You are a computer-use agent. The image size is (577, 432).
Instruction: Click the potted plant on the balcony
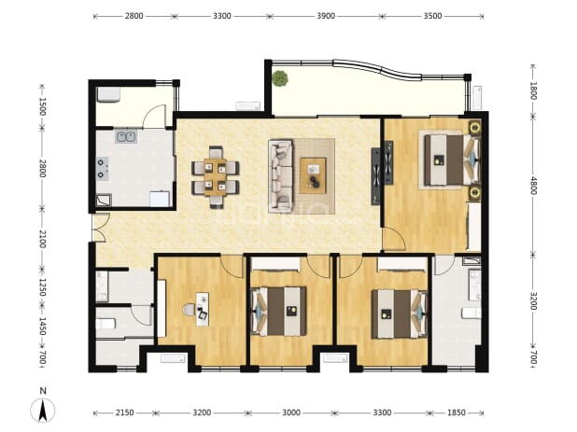[x=280, y=78]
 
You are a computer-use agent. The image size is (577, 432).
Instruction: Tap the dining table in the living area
[x=216, y=177]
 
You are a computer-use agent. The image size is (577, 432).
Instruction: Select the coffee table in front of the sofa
[x=313, y=175]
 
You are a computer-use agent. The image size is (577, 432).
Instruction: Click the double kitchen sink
[x=126, y=137]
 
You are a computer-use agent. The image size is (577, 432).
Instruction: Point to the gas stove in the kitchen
[x=103, y=168]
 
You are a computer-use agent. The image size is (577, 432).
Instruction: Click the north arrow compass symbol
[x=43, y=407]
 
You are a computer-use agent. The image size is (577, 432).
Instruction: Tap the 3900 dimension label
[x=326, y=16]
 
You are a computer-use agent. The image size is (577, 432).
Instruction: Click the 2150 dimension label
[x=125, y=412]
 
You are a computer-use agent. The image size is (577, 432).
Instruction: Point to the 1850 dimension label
[x=457, y=412]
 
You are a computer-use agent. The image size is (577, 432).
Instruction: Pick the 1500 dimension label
[x=43, y=106]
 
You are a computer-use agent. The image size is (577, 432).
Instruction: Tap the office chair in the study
[x=190, y=310]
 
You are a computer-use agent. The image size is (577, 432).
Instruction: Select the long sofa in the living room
[x=281, y=175]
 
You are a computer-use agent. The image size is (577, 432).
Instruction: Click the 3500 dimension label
[x=432, y=16]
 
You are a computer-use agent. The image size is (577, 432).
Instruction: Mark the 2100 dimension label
[x=43, y=239]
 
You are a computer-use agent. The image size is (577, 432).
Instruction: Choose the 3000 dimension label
[x=291, y=412]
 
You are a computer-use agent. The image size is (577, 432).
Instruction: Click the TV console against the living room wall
[x=375, y=176]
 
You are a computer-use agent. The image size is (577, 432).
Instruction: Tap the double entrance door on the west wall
[x=99, y=228]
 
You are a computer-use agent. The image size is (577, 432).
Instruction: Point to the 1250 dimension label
[x=43, y=287]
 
